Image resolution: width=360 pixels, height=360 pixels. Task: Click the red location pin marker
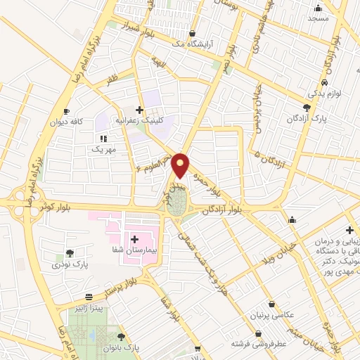[181, 164]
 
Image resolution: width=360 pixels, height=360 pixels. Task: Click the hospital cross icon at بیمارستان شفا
[134, 240]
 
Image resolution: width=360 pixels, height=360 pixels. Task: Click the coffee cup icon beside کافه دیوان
[66, 111]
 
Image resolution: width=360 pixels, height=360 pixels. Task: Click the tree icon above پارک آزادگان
[306, 107]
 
